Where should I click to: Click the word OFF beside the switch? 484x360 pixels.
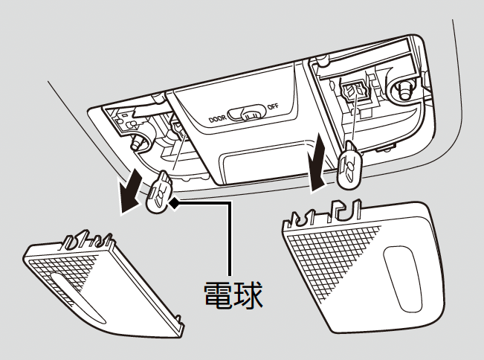pos(273,106)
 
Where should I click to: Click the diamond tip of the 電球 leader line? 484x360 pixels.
pos(172,201)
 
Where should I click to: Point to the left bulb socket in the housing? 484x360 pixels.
pos(178,131)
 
